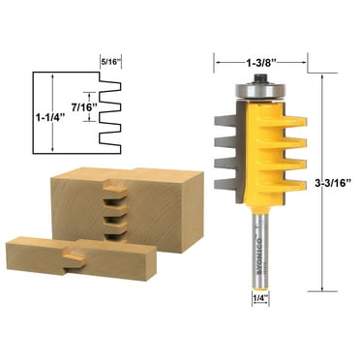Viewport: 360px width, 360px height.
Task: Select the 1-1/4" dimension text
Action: [45, 113]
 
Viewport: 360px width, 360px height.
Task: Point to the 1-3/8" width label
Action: [256, 64]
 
